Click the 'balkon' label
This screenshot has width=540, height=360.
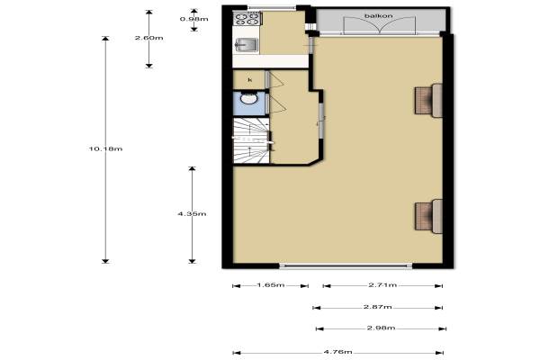(379, 16)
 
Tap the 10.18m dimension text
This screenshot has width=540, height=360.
(105, 148)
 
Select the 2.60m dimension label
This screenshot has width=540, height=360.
(148, 38)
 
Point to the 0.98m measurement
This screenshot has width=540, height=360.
(193, 19)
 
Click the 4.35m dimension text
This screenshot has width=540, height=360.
(192, 214)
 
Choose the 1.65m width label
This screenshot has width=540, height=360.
(271, 285)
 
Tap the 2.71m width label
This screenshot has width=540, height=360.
(382, 285)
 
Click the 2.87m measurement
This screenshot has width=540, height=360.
(378, 307)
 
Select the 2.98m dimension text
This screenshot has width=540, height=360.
(381, 328)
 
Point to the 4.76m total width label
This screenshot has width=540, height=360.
(337, 352)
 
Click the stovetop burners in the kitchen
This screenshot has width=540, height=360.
(247, 18)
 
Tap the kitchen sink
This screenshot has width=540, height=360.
(247, 45)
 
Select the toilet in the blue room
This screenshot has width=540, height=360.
(248, 98)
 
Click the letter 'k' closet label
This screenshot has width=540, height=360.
(250, 80)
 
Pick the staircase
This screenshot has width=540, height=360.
(251, 140)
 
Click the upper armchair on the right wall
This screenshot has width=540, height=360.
(428, 100)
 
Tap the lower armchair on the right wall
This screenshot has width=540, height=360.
(428, 216)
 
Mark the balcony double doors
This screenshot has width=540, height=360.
(380, 25)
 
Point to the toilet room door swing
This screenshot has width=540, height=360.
(277, 104)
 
